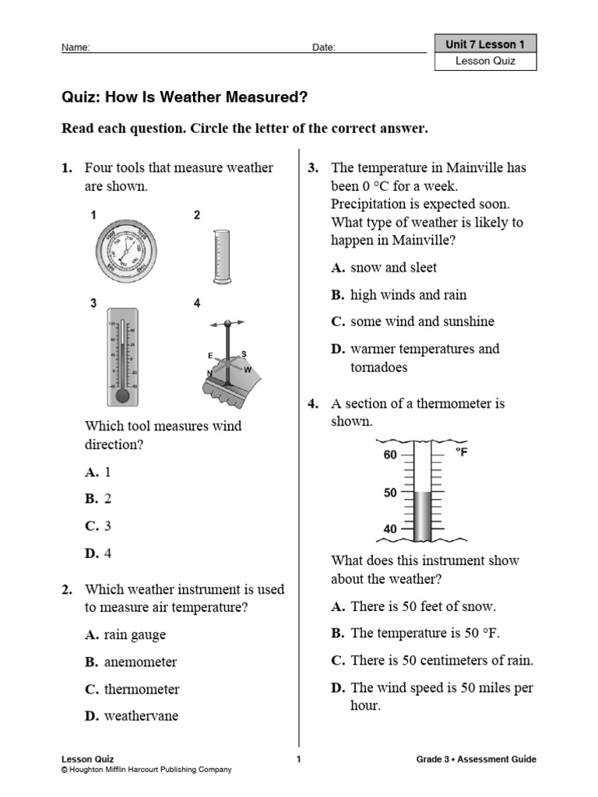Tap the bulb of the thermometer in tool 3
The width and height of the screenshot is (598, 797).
(121, 395)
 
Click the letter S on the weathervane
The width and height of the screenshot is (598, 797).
(244, 353)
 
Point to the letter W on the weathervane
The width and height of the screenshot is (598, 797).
(248, 370)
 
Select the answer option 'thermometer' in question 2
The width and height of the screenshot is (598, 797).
(132, 689)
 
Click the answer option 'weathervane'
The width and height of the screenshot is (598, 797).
(132, 716)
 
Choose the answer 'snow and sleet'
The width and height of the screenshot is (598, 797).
(384, 268)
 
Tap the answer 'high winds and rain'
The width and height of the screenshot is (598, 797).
(399, 295)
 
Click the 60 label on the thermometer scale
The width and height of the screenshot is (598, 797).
(390, 455)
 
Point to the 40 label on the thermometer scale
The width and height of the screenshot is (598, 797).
(390, 529)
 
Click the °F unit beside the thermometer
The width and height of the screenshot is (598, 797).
(461, 452)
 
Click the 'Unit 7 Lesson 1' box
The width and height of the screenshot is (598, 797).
(486, 45)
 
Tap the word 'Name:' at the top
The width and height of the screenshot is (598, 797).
(76, 47)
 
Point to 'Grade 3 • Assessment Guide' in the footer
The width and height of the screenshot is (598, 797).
(476, 760)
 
